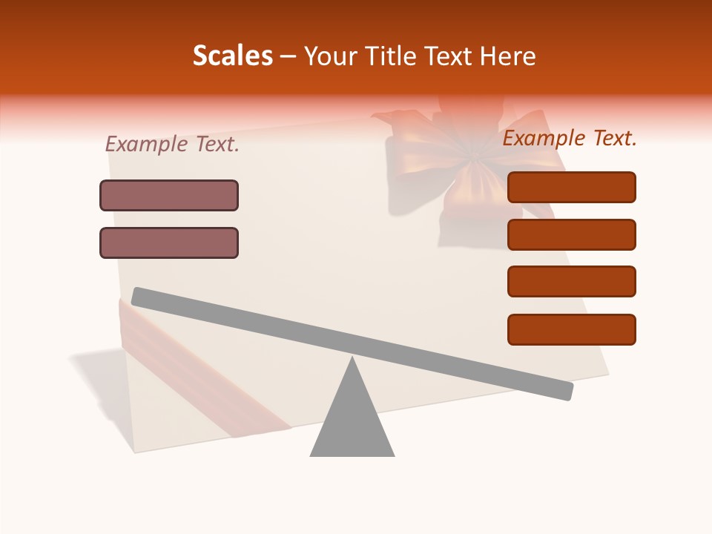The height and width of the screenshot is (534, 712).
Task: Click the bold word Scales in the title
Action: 232,56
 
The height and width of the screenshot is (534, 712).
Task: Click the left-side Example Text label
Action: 172,144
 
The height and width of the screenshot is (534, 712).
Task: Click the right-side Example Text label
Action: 570,138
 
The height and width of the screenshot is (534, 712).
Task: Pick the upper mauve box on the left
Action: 169,195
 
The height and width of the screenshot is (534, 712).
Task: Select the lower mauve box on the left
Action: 169,243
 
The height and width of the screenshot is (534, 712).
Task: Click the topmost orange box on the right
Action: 571,187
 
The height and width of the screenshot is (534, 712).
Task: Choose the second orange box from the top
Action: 571,234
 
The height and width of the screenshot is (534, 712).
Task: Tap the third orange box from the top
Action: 571,282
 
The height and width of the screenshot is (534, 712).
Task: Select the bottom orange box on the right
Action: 571,329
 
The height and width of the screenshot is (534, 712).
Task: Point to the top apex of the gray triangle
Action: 352,360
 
